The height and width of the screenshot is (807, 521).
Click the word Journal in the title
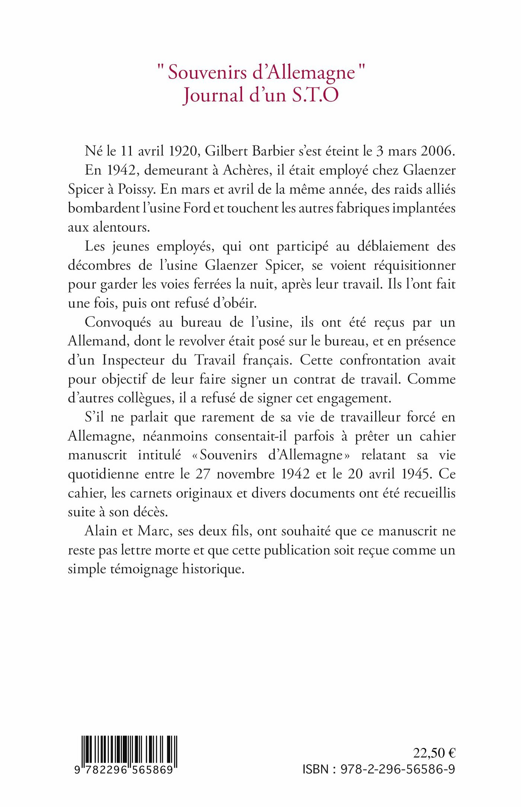point(213,95)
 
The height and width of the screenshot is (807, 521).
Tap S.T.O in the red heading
point(316,95)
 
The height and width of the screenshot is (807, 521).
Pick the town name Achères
point(246,170)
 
